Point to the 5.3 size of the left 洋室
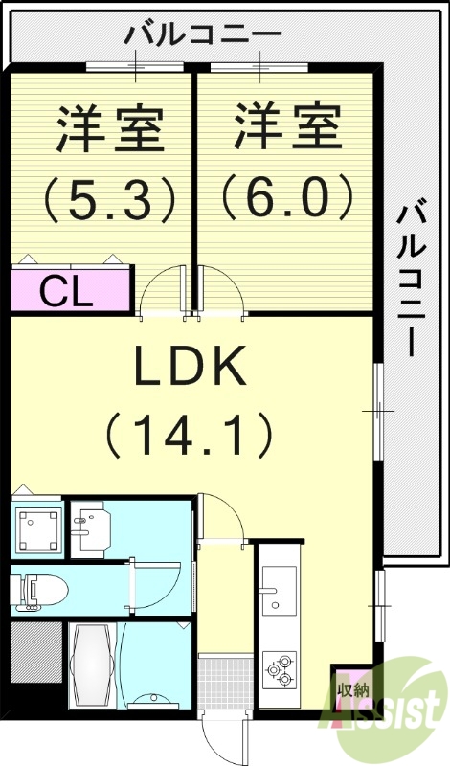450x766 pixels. pyautogui.click(x=108, y=198)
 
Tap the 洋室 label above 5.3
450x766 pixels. pyautogui.click(x=108, y=129)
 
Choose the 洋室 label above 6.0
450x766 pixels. pyautogui.click(x=286, y=129)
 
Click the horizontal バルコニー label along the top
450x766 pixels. pyautogui.click(x=204, y=35)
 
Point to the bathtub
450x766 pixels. pyautogui.click(x=93, y=665)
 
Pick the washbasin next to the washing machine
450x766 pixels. pyautogui.click(x=93, y=529)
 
